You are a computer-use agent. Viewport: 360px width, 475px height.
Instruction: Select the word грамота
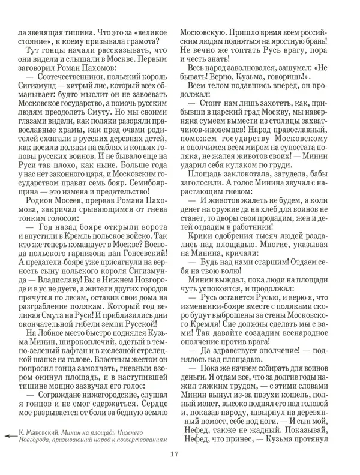[x=141, y=41]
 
